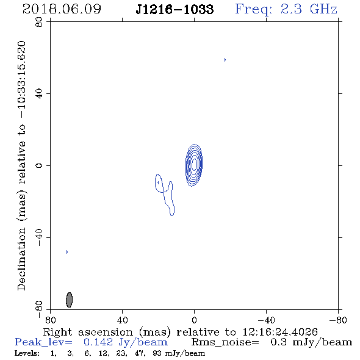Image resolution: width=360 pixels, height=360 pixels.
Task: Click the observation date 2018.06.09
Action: point(62,9)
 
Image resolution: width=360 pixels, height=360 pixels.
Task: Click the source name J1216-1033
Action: point(175,9)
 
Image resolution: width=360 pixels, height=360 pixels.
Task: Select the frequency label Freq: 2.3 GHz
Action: point(286,10)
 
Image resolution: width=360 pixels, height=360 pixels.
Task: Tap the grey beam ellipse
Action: point(69,300)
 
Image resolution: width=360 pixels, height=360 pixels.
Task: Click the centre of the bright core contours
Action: point(194,165)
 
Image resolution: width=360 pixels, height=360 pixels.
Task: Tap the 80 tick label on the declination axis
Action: point(39,22)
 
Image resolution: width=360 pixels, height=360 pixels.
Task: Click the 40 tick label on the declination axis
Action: point(39,94)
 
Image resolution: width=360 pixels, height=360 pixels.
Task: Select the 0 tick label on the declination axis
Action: point(39,165)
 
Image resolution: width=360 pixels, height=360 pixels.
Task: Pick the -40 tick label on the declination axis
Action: point(39,237)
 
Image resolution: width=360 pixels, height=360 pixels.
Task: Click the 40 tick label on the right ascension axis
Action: point(122,320)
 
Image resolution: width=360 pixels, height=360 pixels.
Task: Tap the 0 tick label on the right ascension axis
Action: point(194,320)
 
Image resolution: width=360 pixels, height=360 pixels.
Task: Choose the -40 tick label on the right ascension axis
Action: point(266,320)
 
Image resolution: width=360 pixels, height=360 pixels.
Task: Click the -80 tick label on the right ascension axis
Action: point(338,320)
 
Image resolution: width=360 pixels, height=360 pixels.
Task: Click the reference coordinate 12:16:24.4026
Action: point(280,332)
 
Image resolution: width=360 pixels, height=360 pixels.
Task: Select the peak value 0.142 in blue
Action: point(98,342)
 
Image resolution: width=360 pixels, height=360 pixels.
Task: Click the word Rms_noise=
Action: point(225,342)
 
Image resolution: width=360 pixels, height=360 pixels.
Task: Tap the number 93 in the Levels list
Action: point(157,353)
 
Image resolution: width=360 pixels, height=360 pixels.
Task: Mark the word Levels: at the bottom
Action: point(27,353)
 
